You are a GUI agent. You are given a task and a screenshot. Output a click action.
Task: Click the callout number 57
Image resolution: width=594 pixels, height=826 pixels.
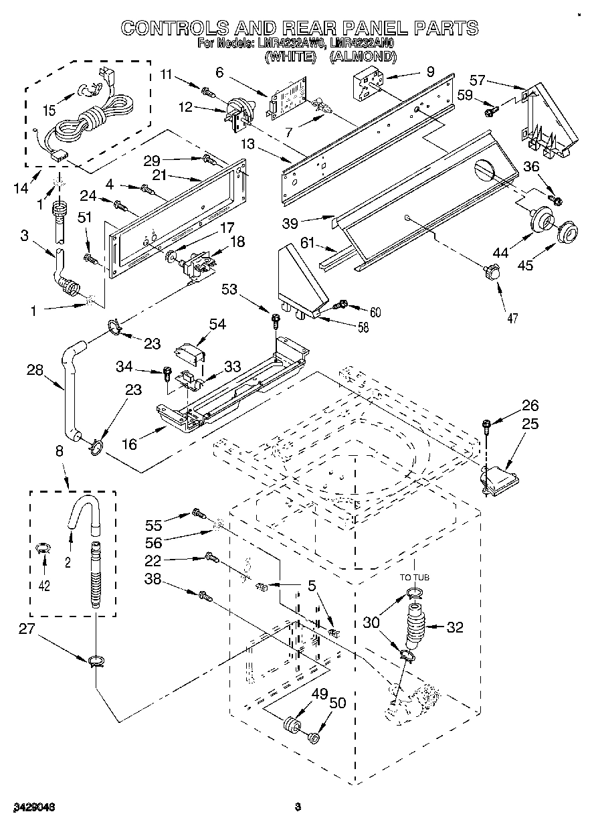tap(477, 80)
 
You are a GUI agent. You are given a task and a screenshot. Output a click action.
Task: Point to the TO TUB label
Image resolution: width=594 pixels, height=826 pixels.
tap(414, 576)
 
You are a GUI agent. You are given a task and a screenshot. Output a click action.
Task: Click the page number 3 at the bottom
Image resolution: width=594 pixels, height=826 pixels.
tap(298, 807)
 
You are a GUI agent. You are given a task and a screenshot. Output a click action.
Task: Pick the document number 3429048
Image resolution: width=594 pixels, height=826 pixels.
tap(33, 807)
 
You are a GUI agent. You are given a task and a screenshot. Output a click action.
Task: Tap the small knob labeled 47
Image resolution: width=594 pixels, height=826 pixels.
tap(492, 271)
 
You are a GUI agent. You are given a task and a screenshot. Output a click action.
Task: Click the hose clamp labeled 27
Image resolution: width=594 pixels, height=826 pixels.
tap(95, 661)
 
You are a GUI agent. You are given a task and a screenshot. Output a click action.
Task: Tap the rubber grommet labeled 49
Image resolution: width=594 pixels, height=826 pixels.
tap(290, 724)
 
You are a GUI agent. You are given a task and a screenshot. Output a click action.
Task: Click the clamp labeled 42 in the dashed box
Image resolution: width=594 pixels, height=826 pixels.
tap(44, 549)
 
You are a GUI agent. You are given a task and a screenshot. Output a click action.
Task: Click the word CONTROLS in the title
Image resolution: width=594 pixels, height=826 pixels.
tap(172, 28)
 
